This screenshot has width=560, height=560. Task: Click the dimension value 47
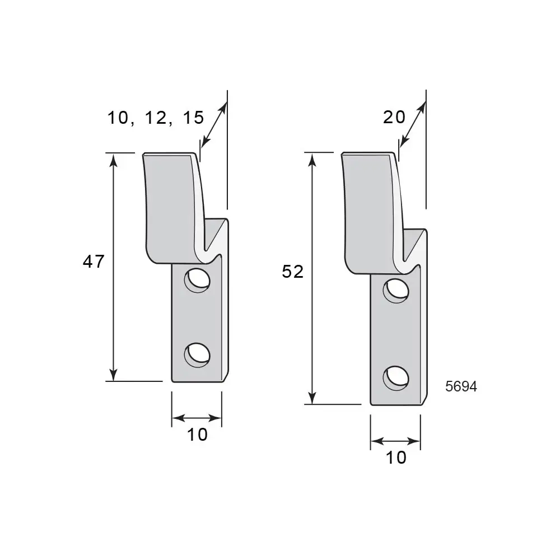(94, 262)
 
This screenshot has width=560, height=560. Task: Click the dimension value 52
(292, 272)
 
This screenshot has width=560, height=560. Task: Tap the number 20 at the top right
(394, 117)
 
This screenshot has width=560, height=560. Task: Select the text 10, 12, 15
(156, 118)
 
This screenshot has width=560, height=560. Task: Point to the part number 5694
(461, 386)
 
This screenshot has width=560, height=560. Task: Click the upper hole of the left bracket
(197, 281)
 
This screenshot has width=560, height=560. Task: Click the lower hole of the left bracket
(197, 355)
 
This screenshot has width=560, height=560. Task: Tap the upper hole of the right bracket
(396, 291)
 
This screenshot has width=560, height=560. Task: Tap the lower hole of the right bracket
(396, 378)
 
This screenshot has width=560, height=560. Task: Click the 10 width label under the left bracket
(197, 435)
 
